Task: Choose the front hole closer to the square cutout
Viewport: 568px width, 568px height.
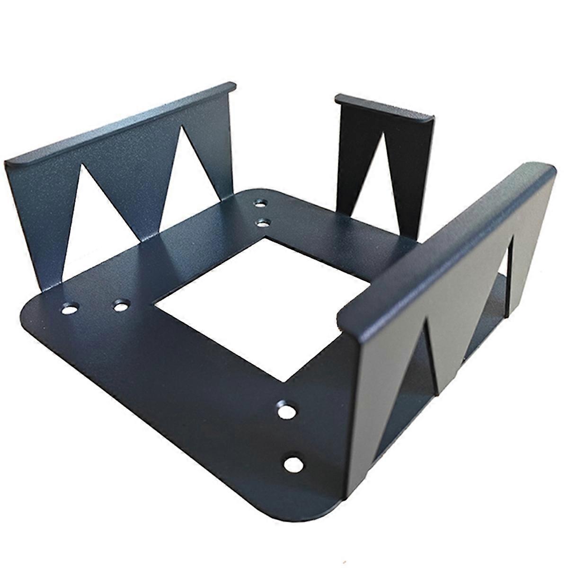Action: tap(285, 410)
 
